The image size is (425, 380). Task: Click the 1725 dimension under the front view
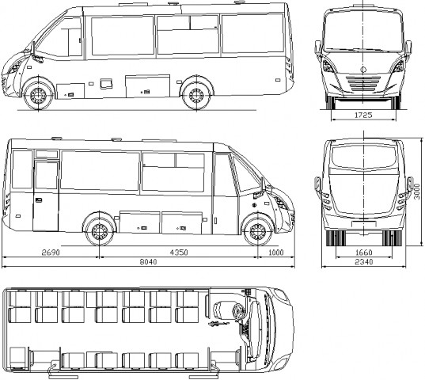coord(363,116)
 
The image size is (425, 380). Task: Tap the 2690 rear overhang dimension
coord(51,253)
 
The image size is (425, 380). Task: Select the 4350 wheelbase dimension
coord(179,253)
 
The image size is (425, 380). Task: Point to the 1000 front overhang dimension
coord(276,253)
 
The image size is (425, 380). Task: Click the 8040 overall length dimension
coord(148,262)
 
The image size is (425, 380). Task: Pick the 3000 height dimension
coord(417,192)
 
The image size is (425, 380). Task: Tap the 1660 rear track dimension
coord(364,253)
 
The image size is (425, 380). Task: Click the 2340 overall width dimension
coord(364,262)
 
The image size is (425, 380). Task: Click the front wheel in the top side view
coord(38,96)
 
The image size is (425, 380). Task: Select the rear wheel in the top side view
coord(196,96)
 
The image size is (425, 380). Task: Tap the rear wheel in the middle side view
coord(100,232)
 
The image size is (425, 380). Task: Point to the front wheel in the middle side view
coord(258,232)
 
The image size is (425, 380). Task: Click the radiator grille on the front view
coord(363,83)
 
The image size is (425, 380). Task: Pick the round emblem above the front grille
coord(363,70)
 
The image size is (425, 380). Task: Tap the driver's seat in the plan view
coord(222,310)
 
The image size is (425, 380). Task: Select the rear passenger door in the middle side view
coord(46,196)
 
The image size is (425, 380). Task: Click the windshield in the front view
coord(363,31)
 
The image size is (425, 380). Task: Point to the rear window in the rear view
coord(364,158)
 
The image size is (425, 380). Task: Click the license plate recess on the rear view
coord(364,224)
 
